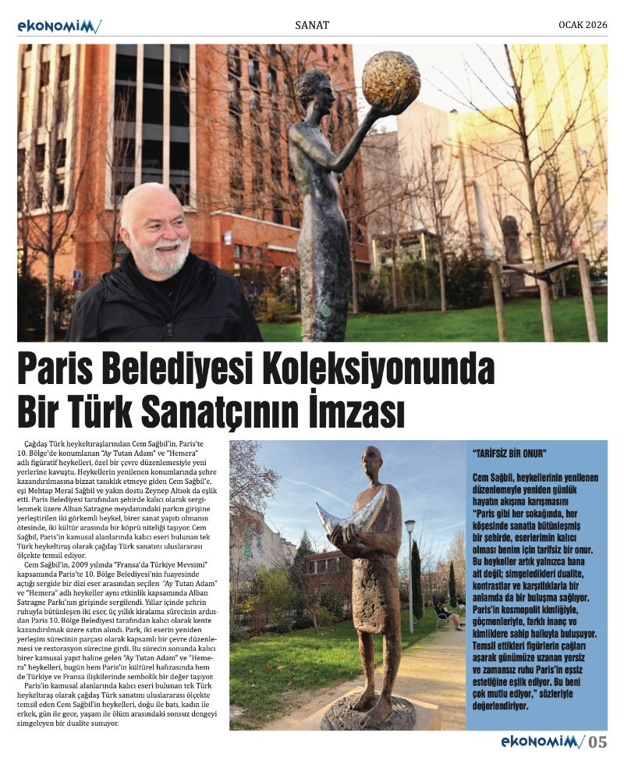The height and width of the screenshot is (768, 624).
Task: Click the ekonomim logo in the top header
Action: point(58,27)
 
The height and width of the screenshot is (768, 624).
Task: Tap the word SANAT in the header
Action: point(312,26)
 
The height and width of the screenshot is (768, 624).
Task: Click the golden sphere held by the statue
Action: point(391,80)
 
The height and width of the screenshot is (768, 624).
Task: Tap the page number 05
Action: point(597,742)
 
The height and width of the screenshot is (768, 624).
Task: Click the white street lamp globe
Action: point(410,528)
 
